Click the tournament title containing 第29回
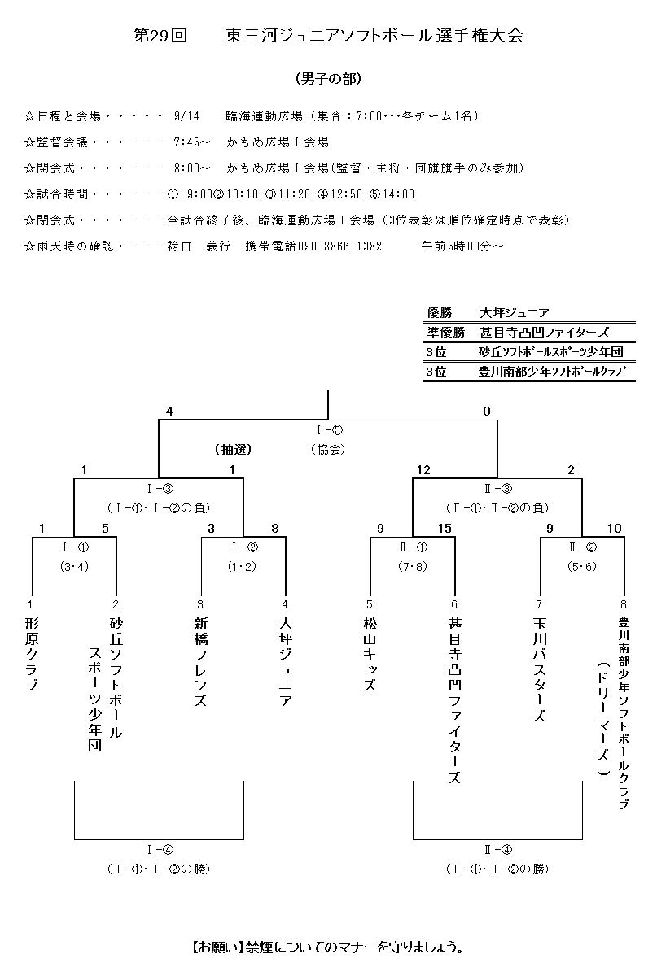pos(328,36)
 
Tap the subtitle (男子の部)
pos(328,79)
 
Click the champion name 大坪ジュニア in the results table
pos(514,313)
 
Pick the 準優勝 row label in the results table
pos(445,332)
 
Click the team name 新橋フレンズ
pos(200,661)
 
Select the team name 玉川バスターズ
pos(540,669)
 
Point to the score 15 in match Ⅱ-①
pos(445,529)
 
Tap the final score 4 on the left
pos(169,412)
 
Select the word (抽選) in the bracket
pos(234,449)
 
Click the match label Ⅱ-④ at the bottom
pos(497,850)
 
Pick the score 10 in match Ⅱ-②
pos(614,529)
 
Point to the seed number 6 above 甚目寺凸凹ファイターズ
pos(454,604)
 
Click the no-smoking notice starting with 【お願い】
pos(328,947)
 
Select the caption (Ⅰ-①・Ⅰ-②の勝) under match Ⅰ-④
pos(158,869)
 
